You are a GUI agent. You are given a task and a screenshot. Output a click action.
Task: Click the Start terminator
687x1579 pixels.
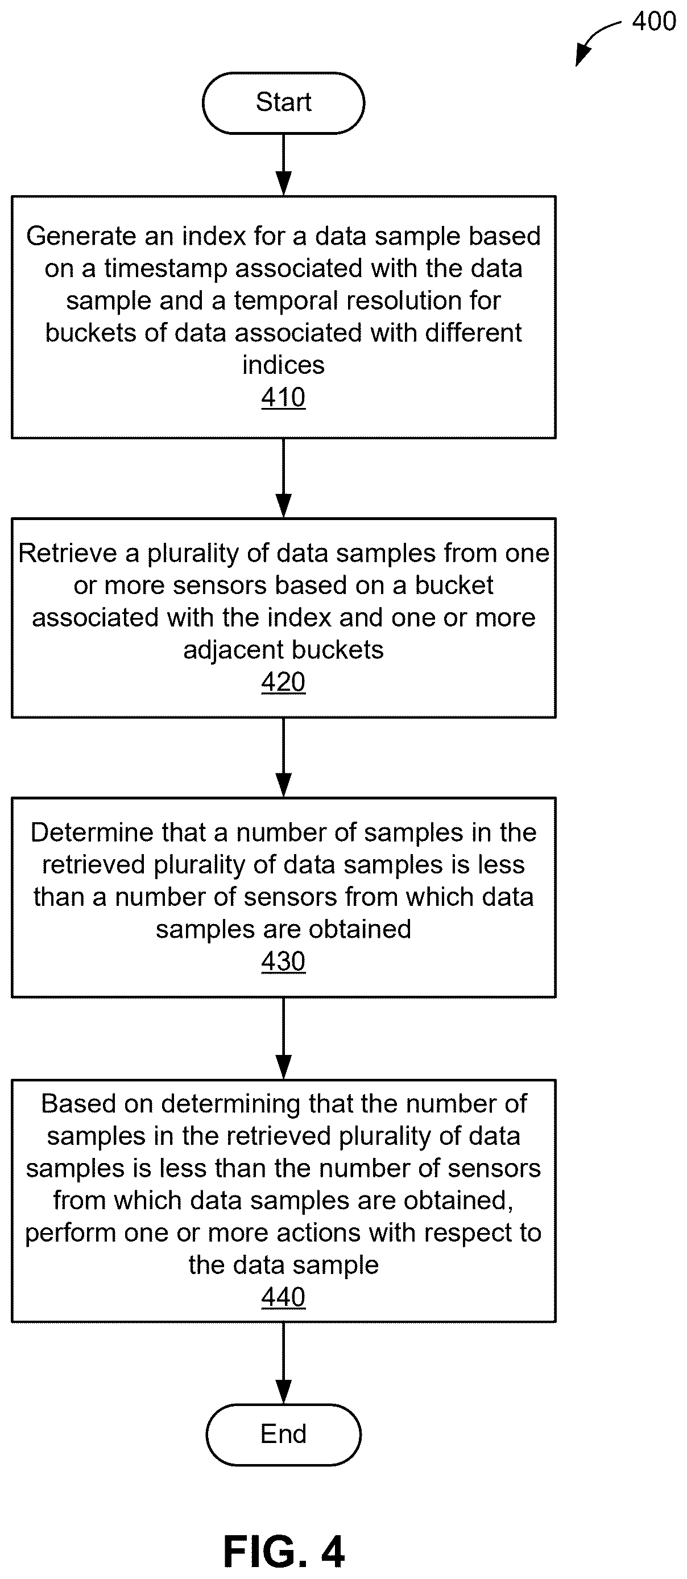[283, 102]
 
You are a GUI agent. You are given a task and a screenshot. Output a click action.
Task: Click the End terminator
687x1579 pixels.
[283, 1434]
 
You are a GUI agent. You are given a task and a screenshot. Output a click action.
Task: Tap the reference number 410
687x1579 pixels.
[283, 397]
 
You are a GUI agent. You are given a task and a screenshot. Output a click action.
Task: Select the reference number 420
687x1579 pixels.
[283, 682]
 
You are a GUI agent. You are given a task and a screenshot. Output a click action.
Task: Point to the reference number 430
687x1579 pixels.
[283, 961]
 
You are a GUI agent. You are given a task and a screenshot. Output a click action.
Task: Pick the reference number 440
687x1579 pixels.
[283, 1297]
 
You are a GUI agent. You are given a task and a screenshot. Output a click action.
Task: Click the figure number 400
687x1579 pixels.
[654, 22]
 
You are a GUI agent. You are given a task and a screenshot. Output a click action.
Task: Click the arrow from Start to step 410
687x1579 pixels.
[283, 165]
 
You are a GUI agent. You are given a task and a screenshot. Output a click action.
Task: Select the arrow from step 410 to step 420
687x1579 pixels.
[283, 478]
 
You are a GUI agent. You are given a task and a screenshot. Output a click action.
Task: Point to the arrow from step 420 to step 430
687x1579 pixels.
[283, 757]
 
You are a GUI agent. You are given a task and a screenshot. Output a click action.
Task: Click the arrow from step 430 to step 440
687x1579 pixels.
[283, 1038]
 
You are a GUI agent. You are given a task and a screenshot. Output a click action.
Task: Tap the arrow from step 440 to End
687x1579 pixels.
[283, 1363]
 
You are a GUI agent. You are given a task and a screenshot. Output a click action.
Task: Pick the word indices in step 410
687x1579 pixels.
[283, 365]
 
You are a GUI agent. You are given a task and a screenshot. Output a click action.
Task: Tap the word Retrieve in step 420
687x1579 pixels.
[68, 553]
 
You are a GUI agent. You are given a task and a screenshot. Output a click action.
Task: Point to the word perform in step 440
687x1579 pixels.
[71, 1233]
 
